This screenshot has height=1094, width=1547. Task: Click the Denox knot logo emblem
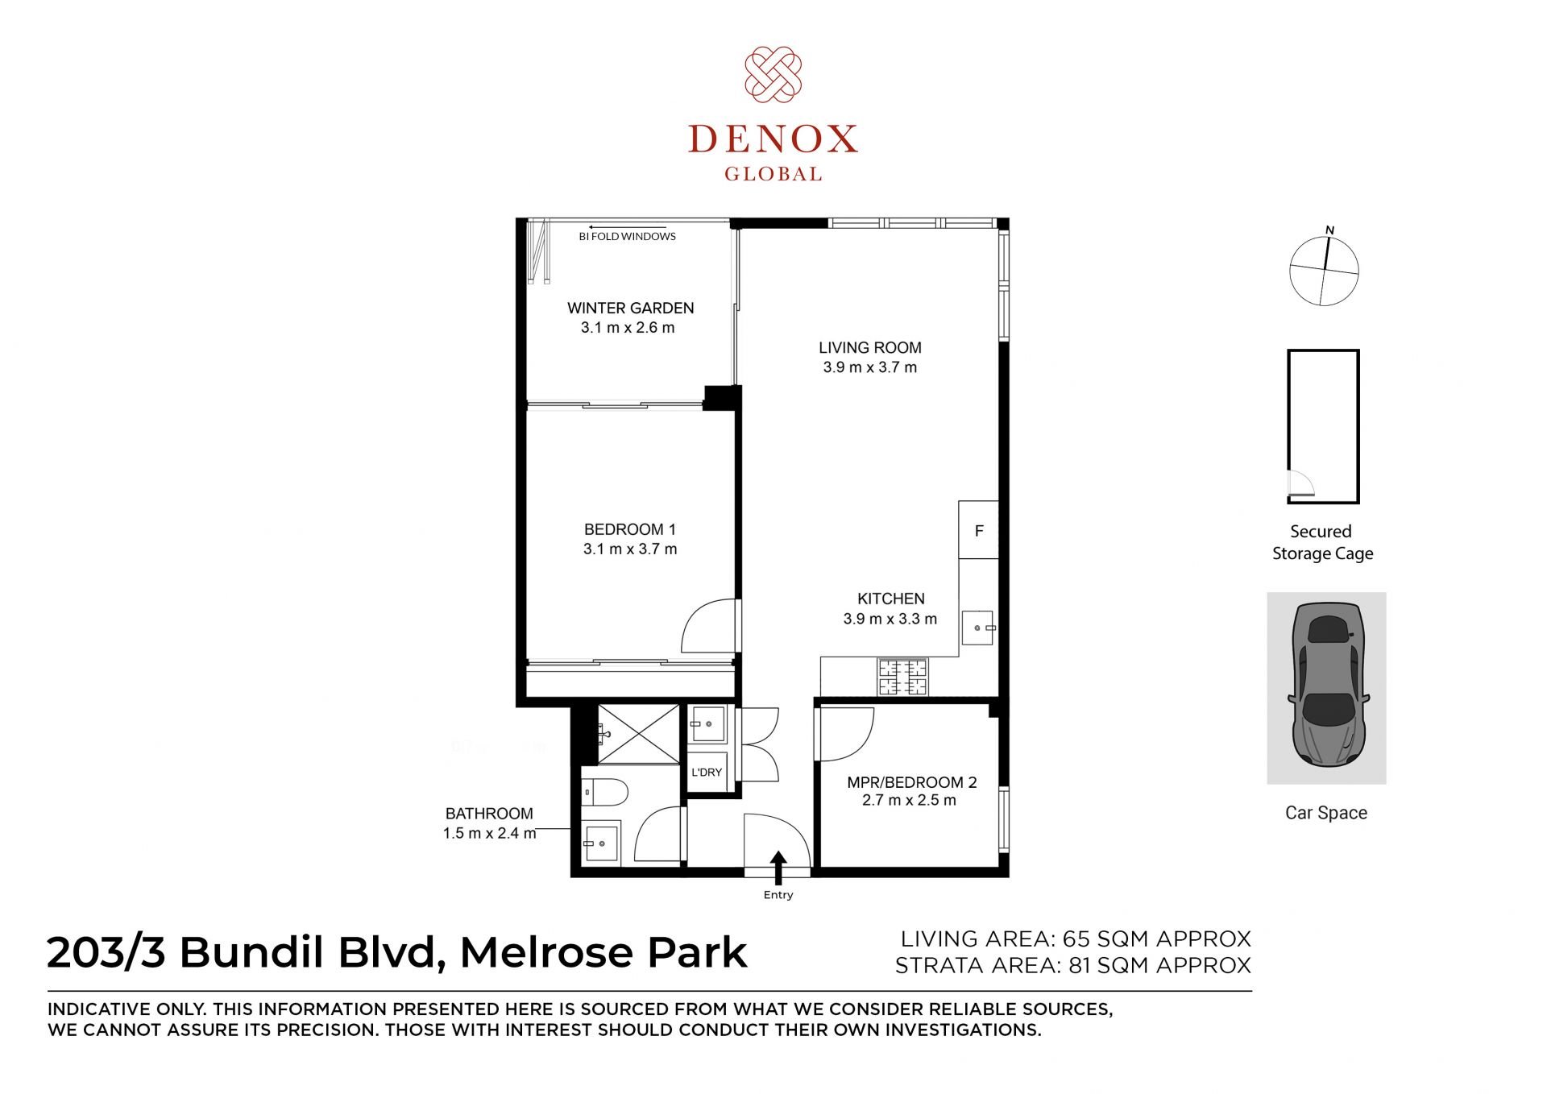click(773, 74)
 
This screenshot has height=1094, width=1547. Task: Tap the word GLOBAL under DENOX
click(773, 174)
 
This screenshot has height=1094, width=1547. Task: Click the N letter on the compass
click(1329, 230)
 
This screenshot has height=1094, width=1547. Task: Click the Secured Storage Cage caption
click(1322, 542)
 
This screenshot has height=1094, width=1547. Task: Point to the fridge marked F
click(979, 530)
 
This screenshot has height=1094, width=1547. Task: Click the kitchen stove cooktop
click(902, 677)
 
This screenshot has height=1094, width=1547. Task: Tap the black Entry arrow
click(778, 868)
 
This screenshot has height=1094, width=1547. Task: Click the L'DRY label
click(707, 772)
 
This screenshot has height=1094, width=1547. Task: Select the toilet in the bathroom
click(604, 793)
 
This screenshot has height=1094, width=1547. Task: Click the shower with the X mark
click(639, 733)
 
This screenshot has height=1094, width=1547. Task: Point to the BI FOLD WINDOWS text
click(627, 237)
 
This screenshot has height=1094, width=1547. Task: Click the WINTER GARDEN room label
click(630, 308)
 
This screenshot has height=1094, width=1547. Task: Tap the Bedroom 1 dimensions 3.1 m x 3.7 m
click(630, 549)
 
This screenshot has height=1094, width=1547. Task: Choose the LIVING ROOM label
click(870, 348)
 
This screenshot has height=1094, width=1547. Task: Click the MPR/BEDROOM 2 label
click(912, 782)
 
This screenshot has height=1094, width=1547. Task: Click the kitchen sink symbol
click(978, 628)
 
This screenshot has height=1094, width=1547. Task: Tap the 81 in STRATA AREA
click(1080, 965)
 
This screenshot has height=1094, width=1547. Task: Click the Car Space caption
click(1326, 813)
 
